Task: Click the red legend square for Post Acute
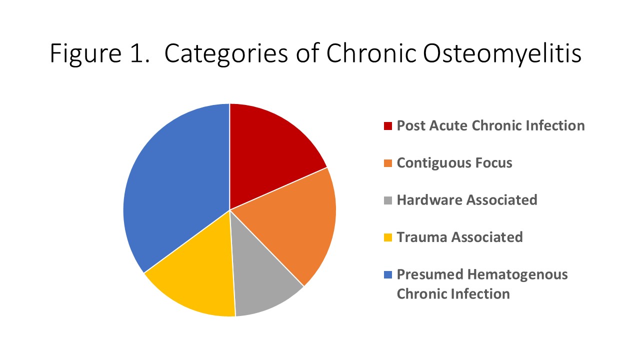click(x=387, y=126)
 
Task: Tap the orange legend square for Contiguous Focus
click(x=387, y=163)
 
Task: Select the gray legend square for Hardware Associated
click(x=387, y=200)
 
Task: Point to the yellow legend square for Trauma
click(x=387, y=237)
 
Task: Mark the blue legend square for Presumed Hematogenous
click(x=387, y=274)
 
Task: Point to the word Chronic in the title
click(x=371, y=53)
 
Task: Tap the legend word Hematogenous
click(x=517, y=275)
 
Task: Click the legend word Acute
click(x=448, y=125)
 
